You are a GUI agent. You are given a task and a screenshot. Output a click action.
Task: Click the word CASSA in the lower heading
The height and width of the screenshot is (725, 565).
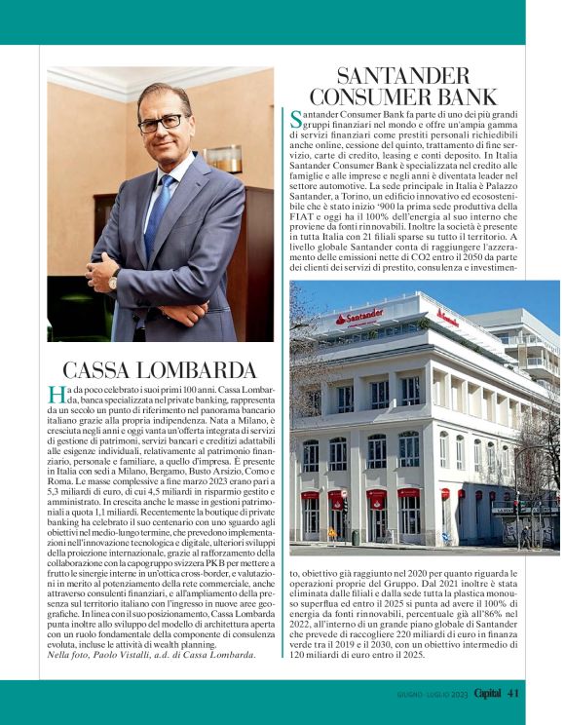[107, 370]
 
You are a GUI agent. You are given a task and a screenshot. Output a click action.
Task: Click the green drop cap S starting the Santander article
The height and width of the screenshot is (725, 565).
[296, 120]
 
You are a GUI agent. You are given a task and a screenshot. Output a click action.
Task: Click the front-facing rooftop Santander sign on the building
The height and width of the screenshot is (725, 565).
[360, 316]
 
